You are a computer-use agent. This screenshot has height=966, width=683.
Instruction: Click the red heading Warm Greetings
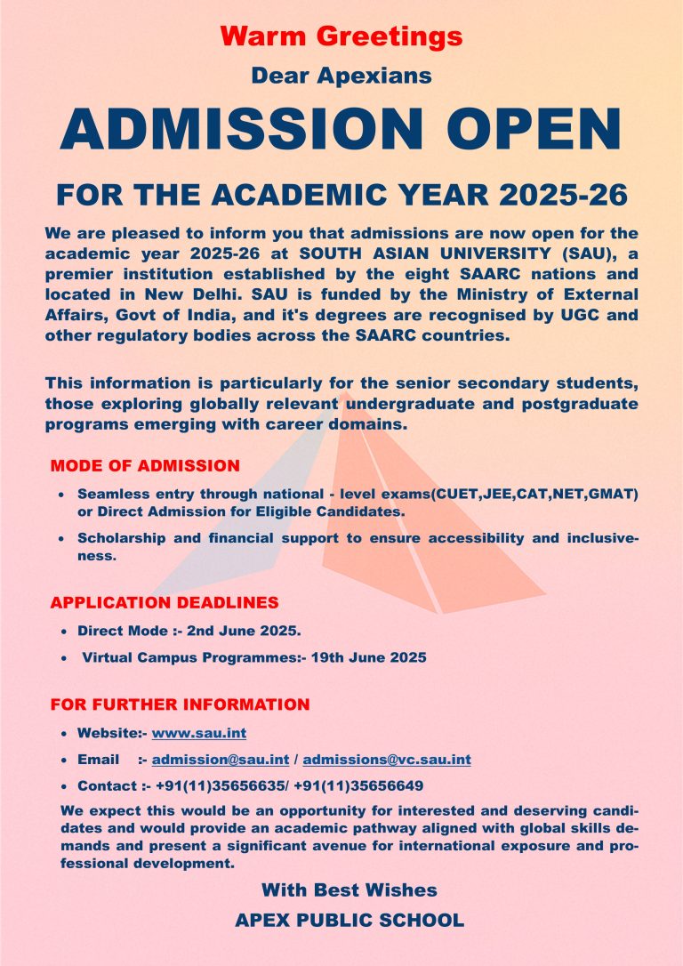point(341,36)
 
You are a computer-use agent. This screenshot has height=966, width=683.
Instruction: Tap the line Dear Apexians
point(341,76)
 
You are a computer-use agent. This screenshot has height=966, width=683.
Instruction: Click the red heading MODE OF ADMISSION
point(145,465)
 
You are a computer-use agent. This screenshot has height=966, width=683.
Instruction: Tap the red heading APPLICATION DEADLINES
point(165,602)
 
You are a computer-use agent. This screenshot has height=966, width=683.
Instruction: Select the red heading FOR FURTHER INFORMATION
point(180,704)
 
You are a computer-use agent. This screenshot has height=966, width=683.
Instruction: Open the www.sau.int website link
point(199,733)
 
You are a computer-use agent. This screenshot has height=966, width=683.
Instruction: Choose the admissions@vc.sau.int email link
point(387,760)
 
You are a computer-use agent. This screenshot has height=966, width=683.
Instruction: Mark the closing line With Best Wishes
point(349,890)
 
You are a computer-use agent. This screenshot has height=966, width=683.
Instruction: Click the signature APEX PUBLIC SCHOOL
point(349,921)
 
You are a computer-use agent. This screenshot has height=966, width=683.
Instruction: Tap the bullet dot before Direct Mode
point(64,632)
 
